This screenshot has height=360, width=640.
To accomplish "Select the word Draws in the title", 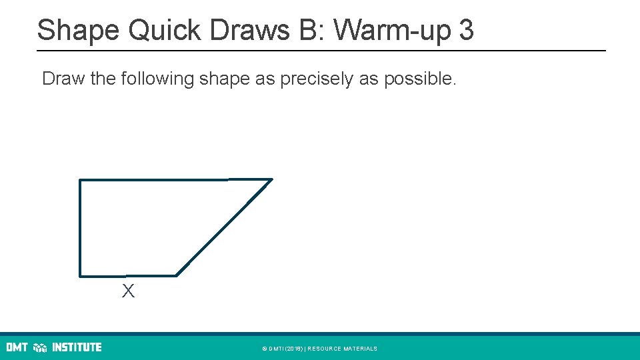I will tap(231, 30).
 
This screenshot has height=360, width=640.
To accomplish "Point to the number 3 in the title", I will tap(466, 30).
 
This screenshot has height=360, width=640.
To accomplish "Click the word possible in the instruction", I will tap(419, 79).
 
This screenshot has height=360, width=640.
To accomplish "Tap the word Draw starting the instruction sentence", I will tap(63, 79).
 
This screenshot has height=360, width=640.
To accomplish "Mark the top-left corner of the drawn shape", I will tap(80, 180).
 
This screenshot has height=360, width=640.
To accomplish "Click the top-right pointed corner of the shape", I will tap(271, 179).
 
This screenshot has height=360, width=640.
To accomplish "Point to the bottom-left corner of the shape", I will tap(80, 275).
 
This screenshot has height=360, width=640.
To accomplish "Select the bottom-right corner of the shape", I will tap(177, 275).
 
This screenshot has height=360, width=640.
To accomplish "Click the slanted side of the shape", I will tap(224, 227).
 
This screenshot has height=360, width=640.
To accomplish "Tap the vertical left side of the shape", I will tap(80, 227).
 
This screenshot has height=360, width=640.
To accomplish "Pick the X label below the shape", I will tap(128, 291).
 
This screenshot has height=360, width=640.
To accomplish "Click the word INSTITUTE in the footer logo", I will tap(77, 347).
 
